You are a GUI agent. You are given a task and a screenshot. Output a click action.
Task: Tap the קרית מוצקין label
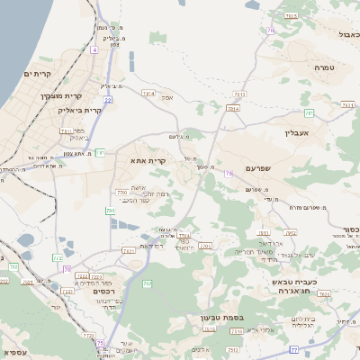click(61, 94)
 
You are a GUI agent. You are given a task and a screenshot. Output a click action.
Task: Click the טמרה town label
click(325, 67)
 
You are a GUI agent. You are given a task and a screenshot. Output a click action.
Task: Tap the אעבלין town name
click(296, 132)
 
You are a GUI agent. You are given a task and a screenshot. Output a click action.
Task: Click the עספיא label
click(15, 351)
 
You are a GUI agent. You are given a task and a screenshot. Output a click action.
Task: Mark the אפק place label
click(167, 97)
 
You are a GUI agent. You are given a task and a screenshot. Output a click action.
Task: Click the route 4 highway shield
click(94, 49)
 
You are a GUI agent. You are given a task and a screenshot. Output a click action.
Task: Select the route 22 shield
click(108, 100)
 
